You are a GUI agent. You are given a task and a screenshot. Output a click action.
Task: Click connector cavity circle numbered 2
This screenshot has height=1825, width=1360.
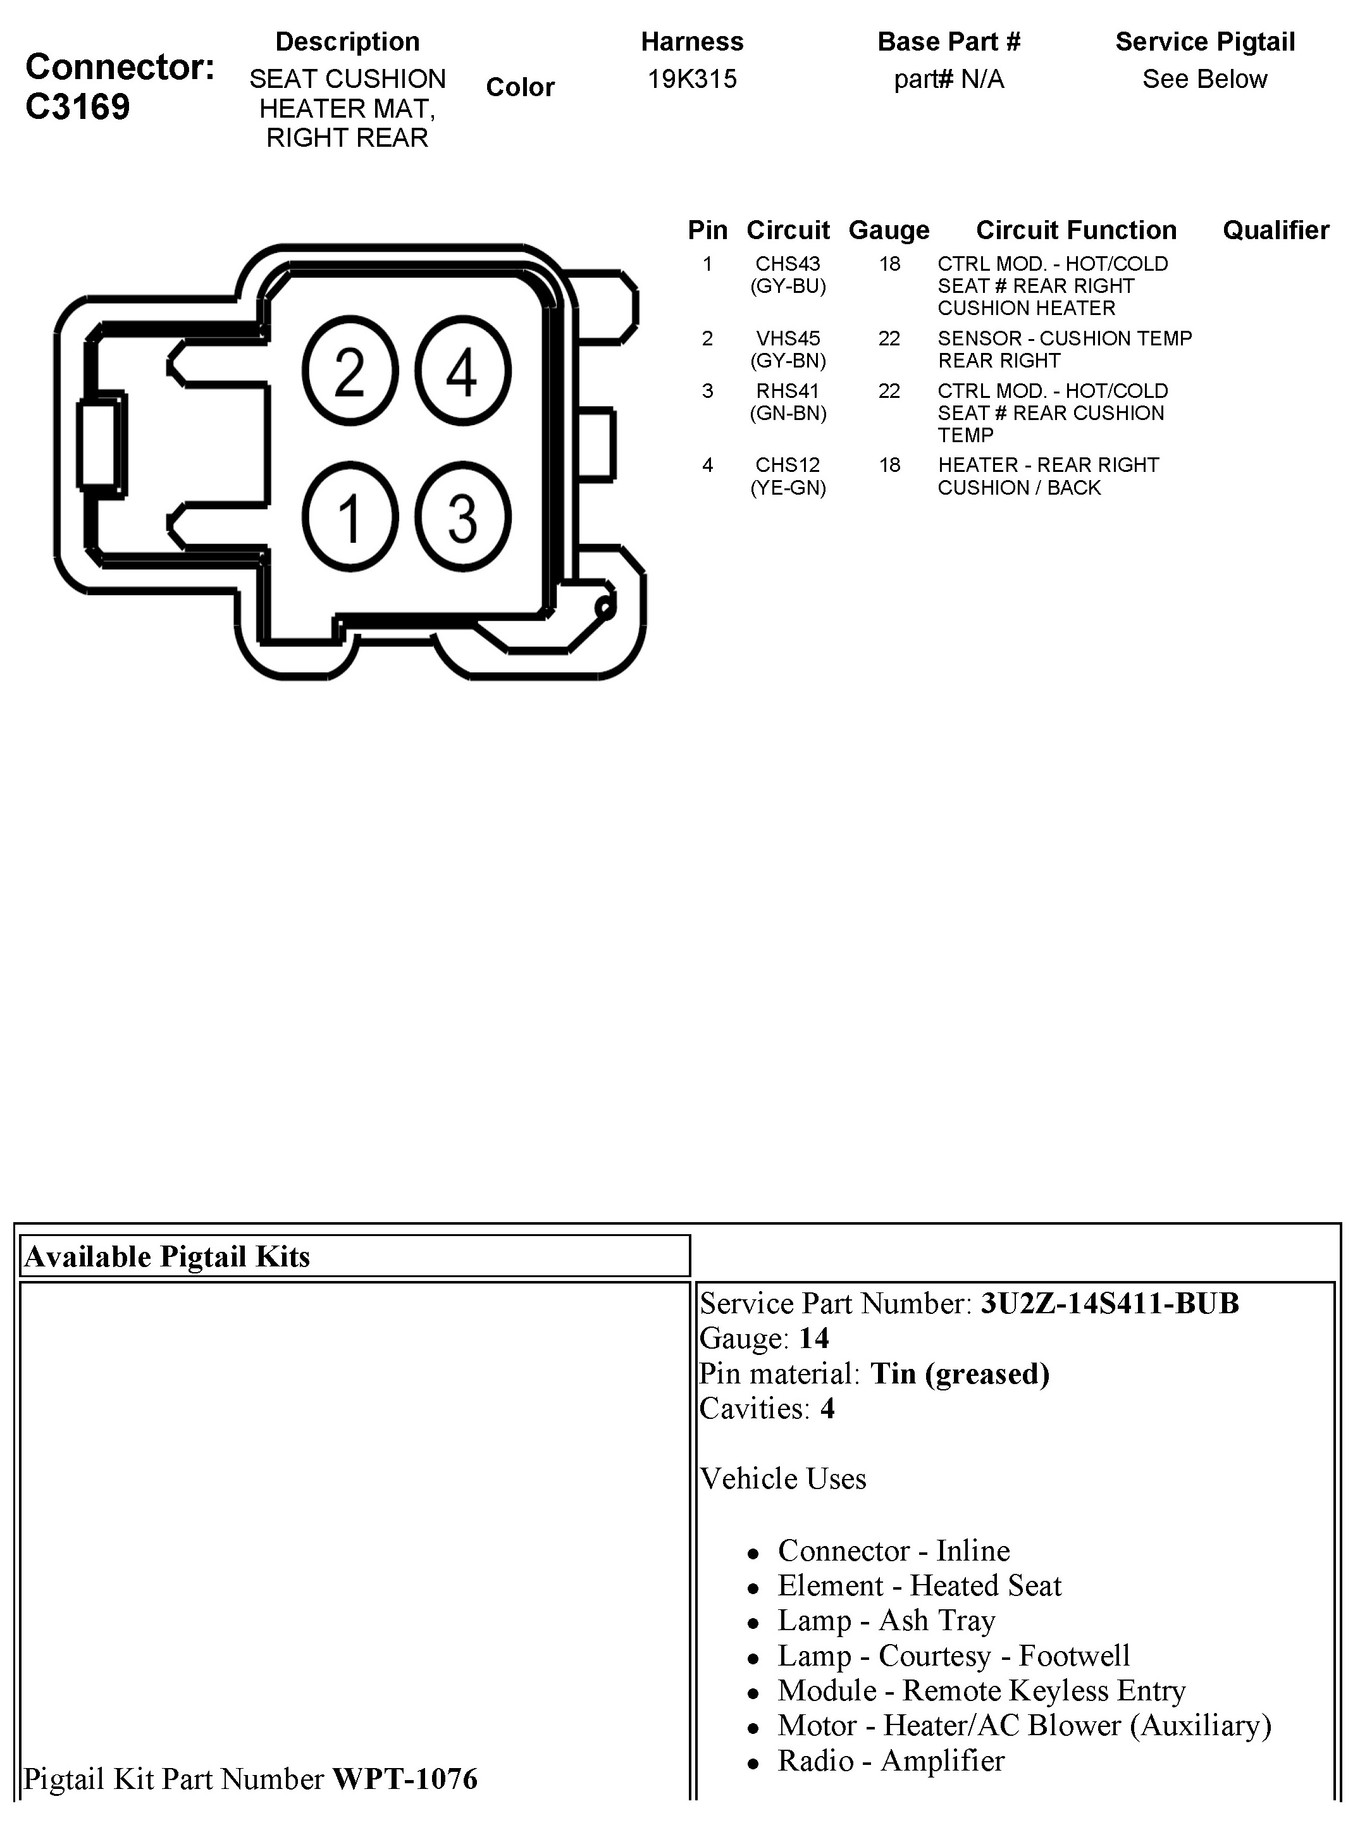pyautogui.click(x=350, y=372)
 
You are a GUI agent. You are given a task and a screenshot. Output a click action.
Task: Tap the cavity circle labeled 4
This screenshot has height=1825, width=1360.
pyautogui.click(x=462, y=372)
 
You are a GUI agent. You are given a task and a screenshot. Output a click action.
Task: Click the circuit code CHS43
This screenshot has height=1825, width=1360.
pyautogui.click(x=788, y=264)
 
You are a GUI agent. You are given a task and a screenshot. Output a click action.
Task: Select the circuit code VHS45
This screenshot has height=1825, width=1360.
pyautogui.click(x=788, y=338)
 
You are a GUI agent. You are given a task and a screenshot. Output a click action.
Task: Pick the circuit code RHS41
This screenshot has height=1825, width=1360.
pyautogui.click(x=788, y=391)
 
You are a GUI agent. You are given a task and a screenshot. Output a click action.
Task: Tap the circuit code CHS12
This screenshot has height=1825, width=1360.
pyautogui.click(x=788, y=465)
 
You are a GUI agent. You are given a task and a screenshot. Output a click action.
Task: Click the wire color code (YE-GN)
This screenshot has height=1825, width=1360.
pyautogui.click(x=788, y=488)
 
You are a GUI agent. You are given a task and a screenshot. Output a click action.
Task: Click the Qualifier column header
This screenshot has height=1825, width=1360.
pyautogui.click(x=1275, y=230)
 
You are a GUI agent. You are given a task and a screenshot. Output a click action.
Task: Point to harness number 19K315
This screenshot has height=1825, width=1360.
pyautogui.click(x=691, y=79)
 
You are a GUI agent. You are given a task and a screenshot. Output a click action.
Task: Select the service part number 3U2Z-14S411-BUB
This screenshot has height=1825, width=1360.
pyautogui.click(x=1109, y=1304)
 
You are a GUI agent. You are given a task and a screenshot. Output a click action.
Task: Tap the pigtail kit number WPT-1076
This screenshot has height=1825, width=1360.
pyautogui.click(x=404, y=1779)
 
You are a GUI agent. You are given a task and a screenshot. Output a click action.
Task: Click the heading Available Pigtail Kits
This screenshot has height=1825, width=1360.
pyautogui.click(x=167, y=1257)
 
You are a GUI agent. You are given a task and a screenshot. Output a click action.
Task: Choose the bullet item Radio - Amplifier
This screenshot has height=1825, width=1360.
pyautogui.click(x=891, y=1760)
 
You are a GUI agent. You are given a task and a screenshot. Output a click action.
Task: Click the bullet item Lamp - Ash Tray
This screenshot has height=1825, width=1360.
pyautogui.click(x=886, y=1621)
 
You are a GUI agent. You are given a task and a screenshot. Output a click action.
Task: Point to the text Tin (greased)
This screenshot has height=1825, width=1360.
pyautogui.click(x=960, y=1374)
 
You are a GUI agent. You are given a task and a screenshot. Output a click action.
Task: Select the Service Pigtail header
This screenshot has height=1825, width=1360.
pyautogui.click(x=1204, y=42)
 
